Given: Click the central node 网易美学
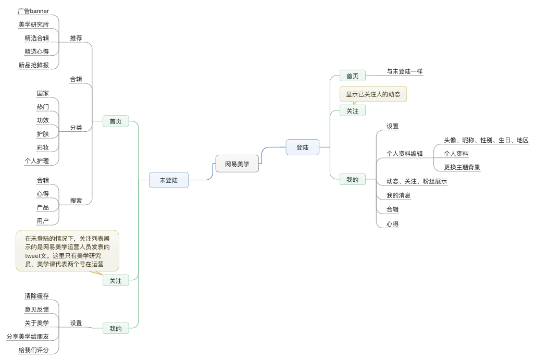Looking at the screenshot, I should click(237, 164).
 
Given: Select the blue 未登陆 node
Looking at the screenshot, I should click(168, 180).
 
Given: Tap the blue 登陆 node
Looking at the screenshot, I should click(302, 147).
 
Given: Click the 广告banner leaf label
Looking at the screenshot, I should click(33, 10).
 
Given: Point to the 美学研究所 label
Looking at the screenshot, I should click(33, 24).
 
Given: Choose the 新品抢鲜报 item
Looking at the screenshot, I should click(33, 65).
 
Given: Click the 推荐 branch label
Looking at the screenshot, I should click(76, 38).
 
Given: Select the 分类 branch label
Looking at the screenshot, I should click(76, 128).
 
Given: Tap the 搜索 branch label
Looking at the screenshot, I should click(76, 200).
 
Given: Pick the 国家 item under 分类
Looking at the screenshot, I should click(43, 93).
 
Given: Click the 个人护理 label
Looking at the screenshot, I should click(36, 161).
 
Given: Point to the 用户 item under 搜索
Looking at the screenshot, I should click(43, 221).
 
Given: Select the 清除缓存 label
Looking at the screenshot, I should click(36, 296).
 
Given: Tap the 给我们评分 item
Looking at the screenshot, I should click(33, 350).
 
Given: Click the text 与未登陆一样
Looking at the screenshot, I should click(404, 71).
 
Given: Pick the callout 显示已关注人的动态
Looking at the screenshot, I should click(373, 94).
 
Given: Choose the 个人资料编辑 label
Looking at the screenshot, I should click(404, 154).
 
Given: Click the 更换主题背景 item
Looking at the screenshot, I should click(462, 167).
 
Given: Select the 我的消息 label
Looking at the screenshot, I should click(399, 195).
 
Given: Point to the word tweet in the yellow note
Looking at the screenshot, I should click(33, 256).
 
